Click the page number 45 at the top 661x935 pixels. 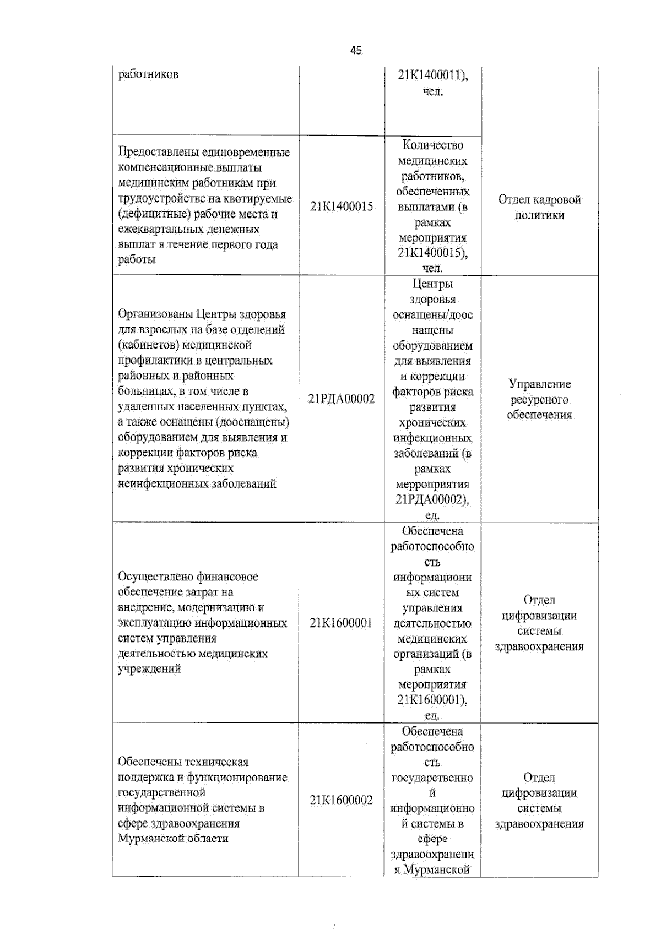(x=356, y=50)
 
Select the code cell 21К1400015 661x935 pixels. (x=342, y=206)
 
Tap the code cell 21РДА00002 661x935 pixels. (x=342, y=399)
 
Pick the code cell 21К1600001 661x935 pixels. (x=342, y=623)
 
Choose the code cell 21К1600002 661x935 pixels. (x=342, y=800)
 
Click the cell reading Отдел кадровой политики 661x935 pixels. (x=539, y=207)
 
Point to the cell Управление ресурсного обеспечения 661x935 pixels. (x=539, y=399)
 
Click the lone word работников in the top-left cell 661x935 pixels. (x=148, y=74)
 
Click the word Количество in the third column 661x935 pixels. (x=432, y=145)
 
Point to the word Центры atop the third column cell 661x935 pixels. (x=432, y=284)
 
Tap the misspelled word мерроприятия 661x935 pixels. (x=432, y=485)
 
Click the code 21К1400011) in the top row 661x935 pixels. (x=432, y=75)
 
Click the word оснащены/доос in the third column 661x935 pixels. (x=432, y=315)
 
